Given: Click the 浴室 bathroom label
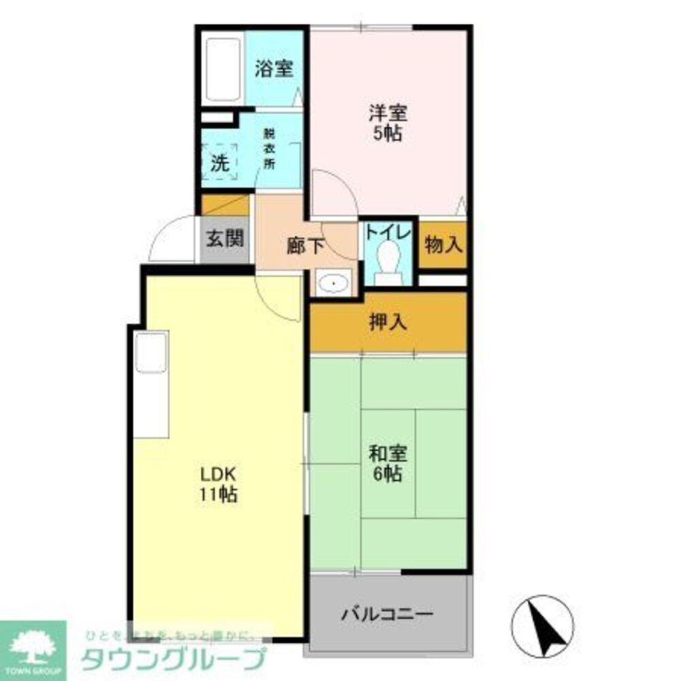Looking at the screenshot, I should (274, 69).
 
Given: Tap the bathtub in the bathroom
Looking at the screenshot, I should (223, 70).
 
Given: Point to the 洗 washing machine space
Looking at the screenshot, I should (219, 163).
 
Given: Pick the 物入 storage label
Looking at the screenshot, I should (443, 244).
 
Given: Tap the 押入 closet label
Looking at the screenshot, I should (388, 323).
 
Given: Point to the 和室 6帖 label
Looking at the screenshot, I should (388, 463).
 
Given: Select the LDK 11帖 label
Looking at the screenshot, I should (218, 484).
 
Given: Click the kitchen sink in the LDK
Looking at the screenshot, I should (151, 353).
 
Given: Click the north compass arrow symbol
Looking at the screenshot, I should (542, 624).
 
